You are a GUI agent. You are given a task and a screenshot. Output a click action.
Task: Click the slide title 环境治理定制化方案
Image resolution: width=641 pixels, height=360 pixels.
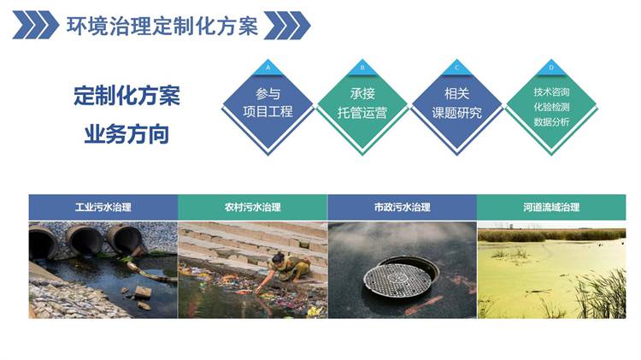point(162,26)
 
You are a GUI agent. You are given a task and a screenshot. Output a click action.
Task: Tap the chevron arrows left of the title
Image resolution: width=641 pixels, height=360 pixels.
point(36,26)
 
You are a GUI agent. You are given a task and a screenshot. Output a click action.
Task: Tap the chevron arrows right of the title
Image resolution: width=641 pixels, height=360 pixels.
point(287,26)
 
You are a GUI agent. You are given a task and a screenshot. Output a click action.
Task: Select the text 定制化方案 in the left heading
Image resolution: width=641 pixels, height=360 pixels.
point(126,95)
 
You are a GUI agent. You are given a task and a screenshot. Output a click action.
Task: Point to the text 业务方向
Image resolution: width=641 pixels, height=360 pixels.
point(126,134)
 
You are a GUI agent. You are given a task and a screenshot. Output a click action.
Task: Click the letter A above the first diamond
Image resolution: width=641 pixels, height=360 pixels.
point(268,68)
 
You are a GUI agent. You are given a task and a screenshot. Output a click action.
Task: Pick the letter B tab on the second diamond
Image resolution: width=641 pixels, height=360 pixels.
point(362,68)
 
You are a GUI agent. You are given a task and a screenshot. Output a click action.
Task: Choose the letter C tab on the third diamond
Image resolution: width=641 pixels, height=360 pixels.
point(457,68)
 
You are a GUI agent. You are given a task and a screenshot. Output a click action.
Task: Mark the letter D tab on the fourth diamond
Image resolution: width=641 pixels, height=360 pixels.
point(551,68)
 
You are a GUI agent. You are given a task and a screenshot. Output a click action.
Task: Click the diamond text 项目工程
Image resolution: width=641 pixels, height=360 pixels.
point(268,111)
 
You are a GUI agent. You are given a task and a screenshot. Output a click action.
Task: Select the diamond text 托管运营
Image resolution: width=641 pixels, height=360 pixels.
point(362,112)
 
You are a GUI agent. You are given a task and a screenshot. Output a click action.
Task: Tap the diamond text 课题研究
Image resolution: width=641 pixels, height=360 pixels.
point(456,112)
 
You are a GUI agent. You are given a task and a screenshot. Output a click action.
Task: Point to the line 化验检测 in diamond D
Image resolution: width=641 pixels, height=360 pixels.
point(551,107)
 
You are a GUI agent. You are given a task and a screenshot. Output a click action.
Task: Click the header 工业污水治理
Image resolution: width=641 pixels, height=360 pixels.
point(103,207)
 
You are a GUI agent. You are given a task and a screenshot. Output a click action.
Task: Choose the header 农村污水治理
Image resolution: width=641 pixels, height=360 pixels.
point(253,207)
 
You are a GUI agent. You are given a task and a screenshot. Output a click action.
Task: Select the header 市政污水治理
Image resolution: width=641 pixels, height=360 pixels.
point(403,207)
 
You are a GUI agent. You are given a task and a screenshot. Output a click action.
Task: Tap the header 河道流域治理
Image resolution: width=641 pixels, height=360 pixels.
point(551,207)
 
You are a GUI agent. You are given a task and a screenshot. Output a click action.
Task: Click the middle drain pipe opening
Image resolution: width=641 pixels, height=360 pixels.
point(85,240)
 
